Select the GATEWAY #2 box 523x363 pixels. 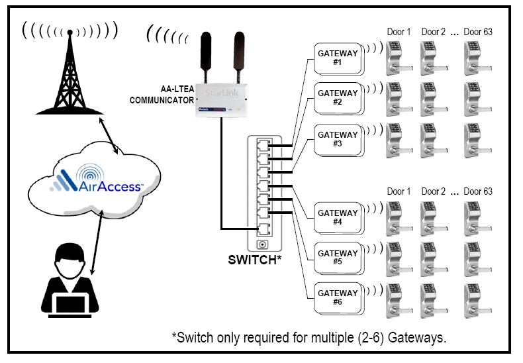coord(338,97)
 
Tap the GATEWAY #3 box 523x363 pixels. coord(338,138)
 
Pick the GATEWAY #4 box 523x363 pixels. coord(338,217)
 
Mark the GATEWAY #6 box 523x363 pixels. coord(338,297)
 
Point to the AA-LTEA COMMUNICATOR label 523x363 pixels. coord(162,94)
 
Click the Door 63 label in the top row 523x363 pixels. coord(477,32)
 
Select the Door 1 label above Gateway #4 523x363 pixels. coord(399,191)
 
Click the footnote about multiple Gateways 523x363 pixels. coord(309,337)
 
